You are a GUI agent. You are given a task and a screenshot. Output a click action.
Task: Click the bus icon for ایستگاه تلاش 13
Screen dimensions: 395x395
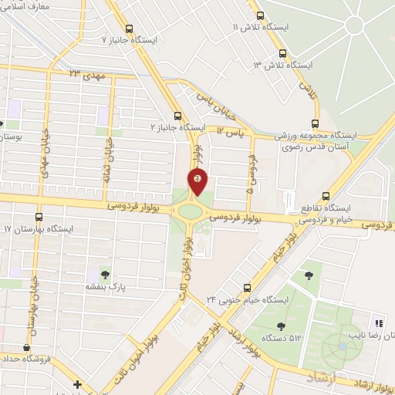point(282,54)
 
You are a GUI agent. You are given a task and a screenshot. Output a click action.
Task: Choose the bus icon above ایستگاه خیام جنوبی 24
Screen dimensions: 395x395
point(247,285)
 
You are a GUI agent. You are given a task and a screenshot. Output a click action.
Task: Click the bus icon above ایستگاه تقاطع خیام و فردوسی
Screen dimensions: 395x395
point(326,195)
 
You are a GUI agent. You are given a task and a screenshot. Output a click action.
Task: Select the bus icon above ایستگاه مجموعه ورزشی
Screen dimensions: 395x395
point(315,123)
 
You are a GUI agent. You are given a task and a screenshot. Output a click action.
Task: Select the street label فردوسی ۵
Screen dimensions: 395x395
point(251,168)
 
